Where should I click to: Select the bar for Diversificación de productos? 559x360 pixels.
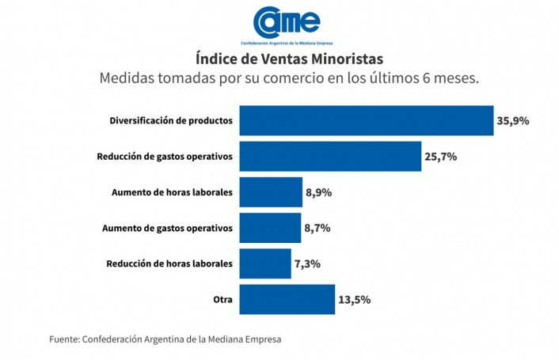click(x=367, y=121)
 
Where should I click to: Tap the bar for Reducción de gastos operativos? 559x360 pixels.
click(x=330, y=157)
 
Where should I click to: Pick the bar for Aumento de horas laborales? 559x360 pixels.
click(x=270, y=192)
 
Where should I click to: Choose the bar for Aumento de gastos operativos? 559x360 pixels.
click(x=270, y=228)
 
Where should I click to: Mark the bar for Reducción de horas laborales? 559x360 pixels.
click(x=265, y=263)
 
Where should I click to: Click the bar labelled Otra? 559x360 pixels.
click(x=287, y=299)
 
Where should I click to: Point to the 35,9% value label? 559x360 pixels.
click(x=513, y=121)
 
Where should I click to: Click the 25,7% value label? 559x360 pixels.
click(x=441, y=157)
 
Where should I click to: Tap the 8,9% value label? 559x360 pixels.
click(x=318, y=192)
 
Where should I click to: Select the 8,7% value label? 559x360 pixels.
click(x=317, y=228)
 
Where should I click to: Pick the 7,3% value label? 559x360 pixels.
click(x=306, y=263)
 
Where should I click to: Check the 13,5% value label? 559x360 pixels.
click(x=355, y=299)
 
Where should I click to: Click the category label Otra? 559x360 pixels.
click(x=222, y=299)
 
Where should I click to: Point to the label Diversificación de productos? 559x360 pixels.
click(x=170, y=121)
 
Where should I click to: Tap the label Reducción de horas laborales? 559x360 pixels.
click(x=169, y=263)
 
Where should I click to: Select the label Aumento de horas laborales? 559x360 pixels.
click(x=173, y=192)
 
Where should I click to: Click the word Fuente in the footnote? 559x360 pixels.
click(x=64, y=339)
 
